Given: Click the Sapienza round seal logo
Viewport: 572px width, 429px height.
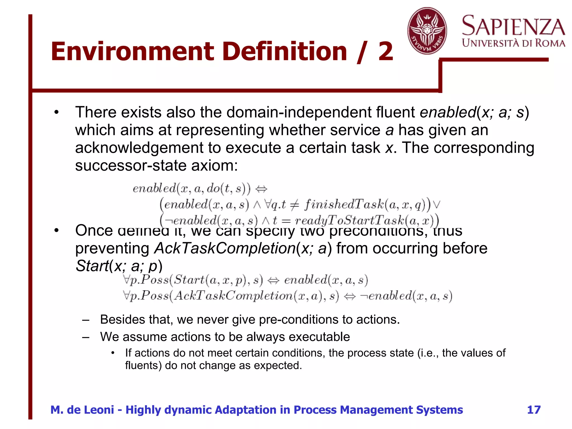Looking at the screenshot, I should click(x=427, y=31).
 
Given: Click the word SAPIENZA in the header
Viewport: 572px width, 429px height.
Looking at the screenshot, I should click(x=513, y=26).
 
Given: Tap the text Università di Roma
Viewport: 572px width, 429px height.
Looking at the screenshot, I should click(x=513, y=43).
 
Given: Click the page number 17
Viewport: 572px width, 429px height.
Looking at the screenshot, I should click(x=534, y=410).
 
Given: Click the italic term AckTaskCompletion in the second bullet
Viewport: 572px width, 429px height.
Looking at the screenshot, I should click(x=225, y=248).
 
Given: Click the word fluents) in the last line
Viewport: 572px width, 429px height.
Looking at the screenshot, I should click(x=143, y=365).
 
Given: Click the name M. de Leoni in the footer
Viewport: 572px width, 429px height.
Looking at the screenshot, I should click(x=82, y=410).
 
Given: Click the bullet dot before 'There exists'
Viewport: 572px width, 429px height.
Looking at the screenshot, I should click(x=57, y=113).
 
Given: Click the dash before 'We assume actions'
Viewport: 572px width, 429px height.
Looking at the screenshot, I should click(x=86, y=337).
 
